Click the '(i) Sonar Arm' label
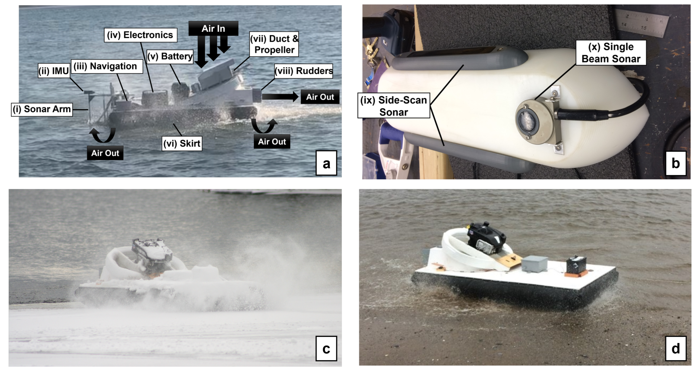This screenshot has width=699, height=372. click(42, 109)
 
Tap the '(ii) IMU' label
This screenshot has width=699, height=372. click(54, 71)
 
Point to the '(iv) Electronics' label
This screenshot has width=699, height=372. click(140, 35)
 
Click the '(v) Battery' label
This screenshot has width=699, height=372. click(170, 56)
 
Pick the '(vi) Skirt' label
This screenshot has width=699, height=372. click(182, 144)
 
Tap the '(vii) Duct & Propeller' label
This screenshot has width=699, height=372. click(274, 44)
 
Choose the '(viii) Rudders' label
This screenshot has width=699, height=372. click(304, 71)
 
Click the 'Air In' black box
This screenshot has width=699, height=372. click(213, 28)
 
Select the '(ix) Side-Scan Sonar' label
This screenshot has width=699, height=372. click(394, 106)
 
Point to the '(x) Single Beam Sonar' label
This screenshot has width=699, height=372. click(611, 53)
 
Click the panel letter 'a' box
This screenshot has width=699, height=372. click(326, 163)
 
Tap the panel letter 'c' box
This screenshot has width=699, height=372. click(326, 348)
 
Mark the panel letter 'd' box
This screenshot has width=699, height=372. click(676, 348)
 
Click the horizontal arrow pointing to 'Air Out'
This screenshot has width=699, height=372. click(280, 97)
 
